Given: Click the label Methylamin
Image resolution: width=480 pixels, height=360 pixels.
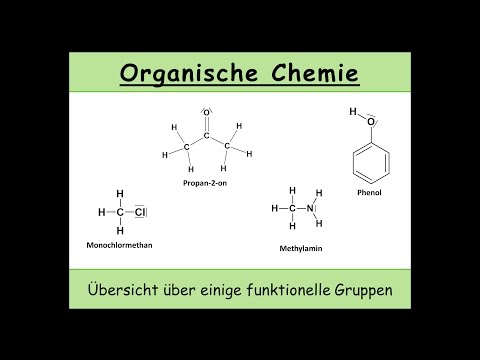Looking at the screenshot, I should click(x=298, y=245).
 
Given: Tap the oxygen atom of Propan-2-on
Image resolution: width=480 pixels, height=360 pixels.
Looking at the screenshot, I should click(x=206, y=112).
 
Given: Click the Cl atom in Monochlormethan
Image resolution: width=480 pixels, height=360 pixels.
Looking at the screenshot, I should click(x=142, y=212).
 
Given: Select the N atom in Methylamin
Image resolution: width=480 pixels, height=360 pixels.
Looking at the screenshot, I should click(x=310, y=208).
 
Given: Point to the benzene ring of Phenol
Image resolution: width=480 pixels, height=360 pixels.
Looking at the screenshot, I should click(x=370, y=160).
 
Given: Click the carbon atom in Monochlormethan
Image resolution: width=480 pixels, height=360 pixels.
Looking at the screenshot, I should click(x=120, y=212).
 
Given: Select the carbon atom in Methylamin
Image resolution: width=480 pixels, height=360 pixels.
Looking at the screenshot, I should click(x=292, y=208).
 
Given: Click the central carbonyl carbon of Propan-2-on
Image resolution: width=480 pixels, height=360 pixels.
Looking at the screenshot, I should click(x=206, y=136).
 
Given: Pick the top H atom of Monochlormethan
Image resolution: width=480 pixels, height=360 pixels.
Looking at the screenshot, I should click(x=120, y=194).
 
